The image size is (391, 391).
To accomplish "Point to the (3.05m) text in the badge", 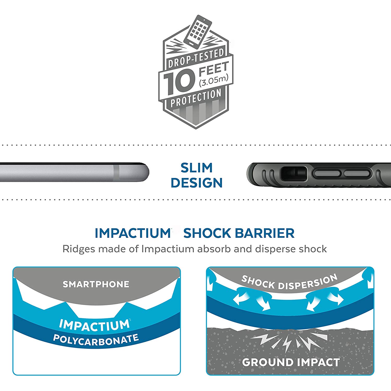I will tap(213, 81).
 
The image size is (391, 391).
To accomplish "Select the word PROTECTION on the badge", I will tap(196, 98).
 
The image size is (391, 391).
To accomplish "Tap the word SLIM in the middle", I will tap(197, 168).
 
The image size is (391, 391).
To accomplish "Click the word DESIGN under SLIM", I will tap(197, 183).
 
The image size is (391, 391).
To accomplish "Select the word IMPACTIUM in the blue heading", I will tap(133, 233).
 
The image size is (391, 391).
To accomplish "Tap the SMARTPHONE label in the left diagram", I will tap(96, 284).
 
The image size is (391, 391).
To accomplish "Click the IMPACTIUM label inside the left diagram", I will tap(94, 325).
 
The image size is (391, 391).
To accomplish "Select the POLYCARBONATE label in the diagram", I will tap(96, 340).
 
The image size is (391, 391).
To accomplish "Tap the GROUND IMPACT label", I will tap(291, 362).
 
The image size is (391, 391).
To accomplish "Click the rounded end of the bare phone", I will tap(143, 172).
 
